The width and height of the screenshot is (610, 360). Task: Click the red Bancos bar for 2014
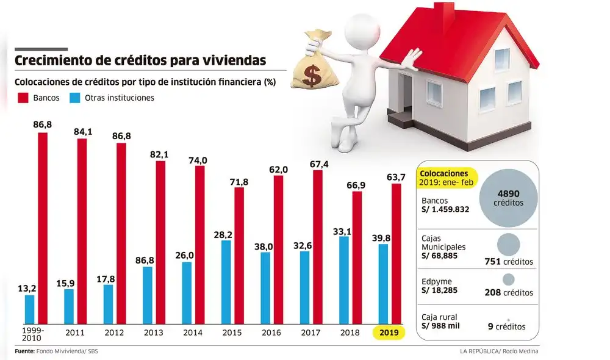[199, 244]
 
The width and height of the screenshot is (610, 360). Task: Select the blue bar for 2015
[226, 282]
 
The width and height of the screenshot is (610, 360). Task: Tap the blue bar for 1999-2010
[29, 309]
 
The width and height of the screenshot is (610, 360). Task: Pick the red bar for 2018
[357, 257]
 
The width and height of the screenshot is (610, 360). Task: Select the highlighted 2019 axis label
[390, 333]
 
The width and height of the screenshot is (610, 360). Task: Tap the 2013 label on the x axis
[152, 333]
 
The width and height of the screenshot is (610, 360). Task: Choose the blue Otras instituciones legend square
[76, 98]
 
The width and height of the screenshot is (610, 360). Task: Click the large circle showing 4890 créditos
[508, 196]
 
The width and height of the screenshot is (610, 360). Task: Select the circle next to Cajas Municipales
[508, 244]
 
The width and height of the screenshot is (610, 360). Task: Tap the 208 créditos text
[509, 293]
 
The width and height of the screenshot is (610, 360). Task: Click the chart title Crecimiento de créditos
[140, 60]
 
